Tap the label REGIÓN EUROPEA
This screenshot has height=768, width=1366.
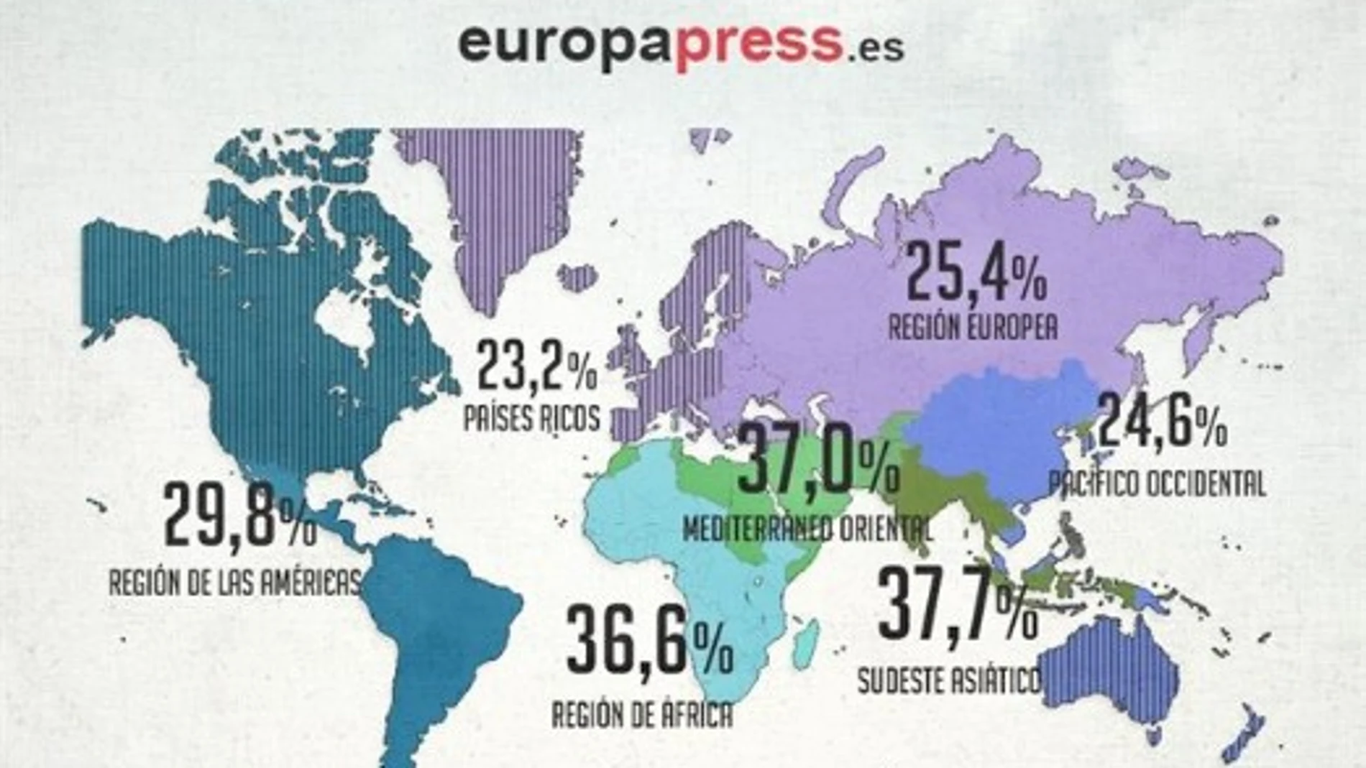973,328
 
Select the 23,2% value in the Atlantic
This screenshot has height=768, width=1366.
536,366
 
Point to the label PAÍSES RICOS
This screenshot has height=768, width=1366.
531,418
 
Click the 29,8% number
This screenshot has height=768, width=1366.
239,514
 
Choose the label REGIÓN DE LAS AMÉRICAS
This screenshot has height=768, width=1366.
234,582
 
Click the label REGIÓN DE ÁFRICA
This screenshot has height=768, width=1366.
642,715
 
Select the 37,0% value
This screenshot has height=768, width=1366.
817,460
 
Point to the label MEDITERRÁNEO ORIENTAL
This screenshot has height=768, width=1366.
807,529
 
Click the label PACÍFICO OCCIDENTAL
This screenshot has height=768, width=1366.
1157,484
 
